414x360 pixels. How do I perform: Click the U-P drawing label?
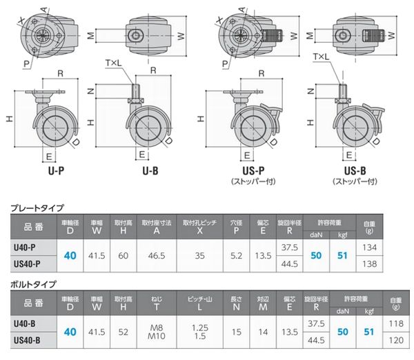click(x=57, y=171)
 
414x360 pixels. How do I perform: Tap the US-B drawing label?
click(x=355, y=171)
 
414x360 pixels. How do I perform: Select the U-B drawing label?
click(x=150, y=171)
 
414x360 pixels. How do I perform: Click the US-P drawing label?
click(x=253, y=171)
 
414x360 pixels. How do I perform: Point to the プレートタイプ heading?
click(x=37, y=208)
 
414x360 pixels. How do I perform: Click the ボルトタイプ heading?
click(x=34, y=284)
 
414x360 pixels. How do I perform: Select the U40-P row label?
click(x=25, y=248)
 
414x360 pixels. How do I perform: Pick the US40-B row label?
click(x=27, y=340)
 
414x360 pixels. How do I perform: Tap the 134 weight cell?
click(x=369, y=248)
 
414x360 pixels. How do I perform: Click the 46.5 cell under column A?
click(x=157, y=255)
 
